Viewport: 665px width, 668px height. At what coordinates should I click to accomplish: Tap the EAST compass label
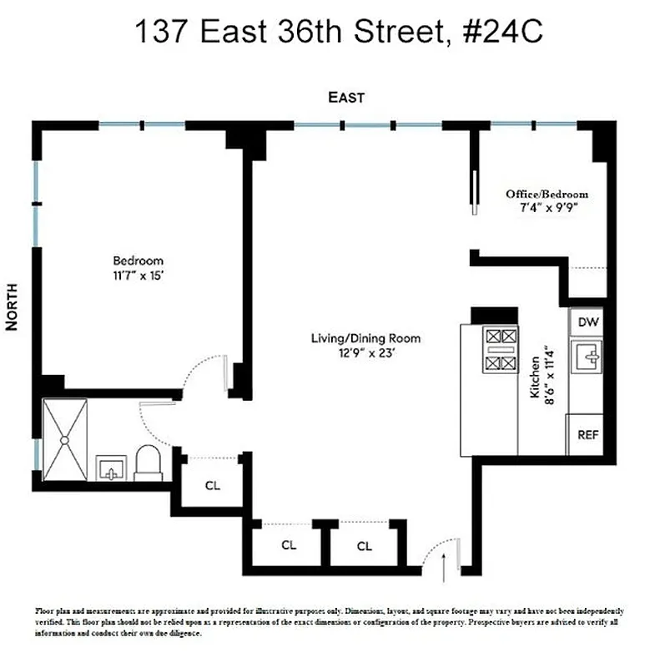[x=345, y=98]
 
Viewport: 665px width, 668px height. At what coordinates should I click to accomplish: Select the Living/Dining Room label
[x=365, y=338]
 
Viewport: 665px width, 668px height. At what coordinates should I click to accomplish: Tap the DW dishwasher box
[x=588, y=321]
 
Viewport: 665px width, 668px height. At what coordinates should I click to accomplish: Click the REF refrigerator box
[x=588, y=435]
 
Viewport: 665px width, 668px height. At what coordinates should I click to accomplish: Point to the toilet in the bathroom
[x=149, y=463]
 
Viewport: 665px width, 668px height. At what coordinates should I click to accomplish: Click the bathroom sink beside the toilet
[x=111, y=468]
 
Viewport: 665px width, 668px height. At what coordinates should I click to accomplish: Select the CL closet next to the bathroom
[x=213, y=485]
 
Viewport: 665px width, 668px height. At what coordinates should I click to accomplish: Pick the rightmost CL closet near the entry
[x=365, y=546]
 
